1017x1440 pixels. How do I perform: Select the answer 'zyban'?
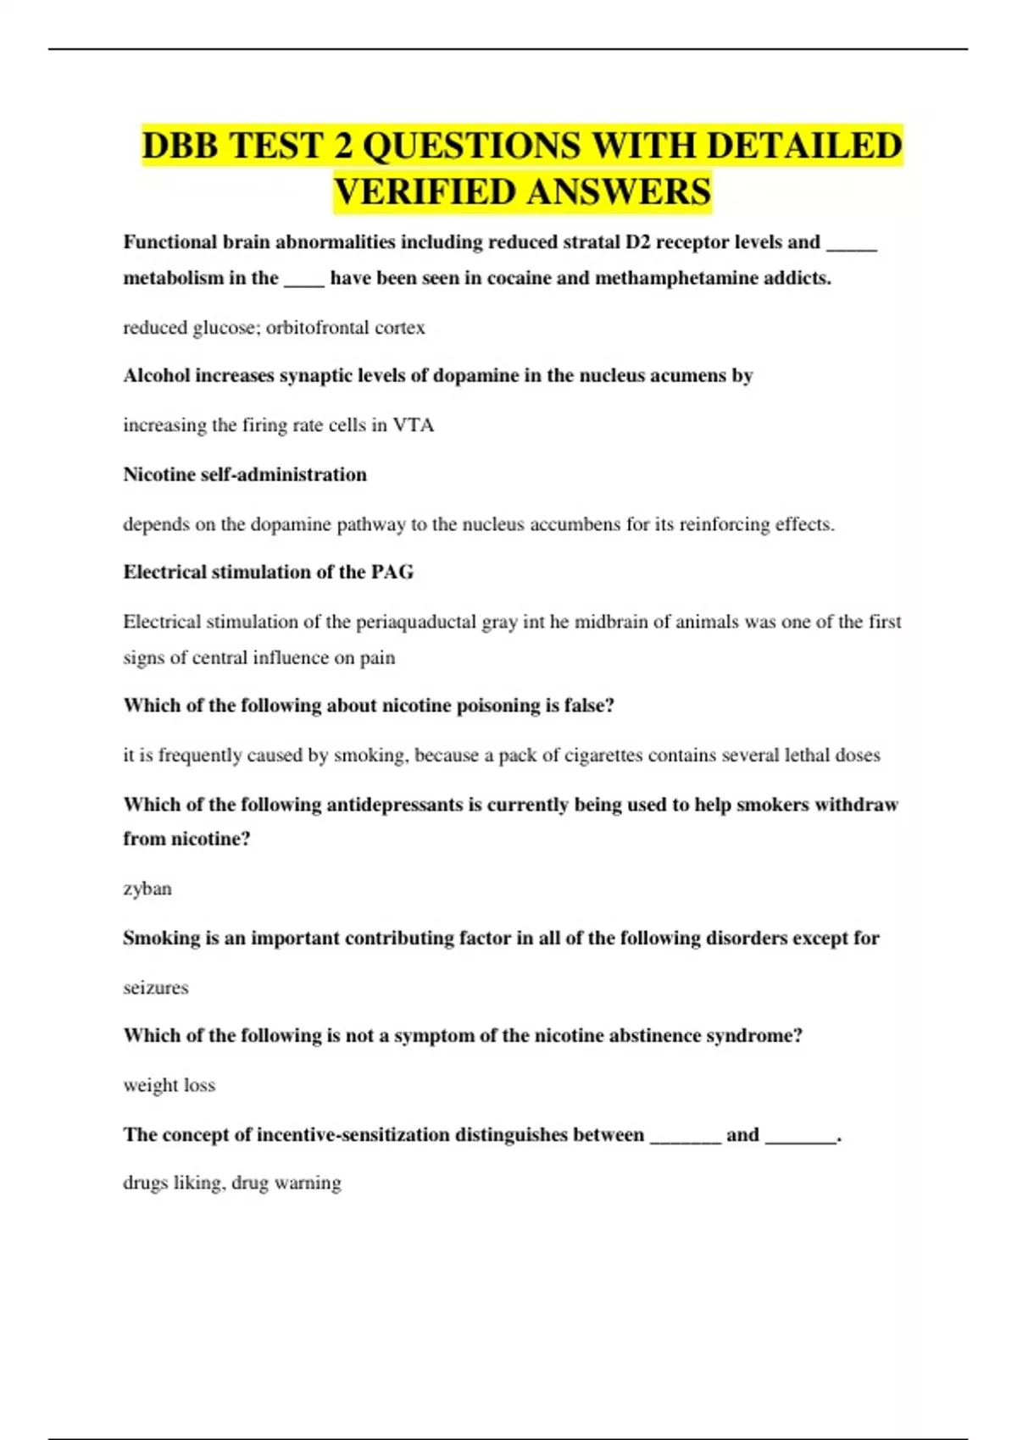click(x=147, y=889)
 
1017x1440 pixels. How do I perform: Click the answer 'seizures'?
click(x=156, y=988)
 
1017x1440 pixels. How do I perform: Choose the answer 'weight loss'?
click(x=169, y=1086)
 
